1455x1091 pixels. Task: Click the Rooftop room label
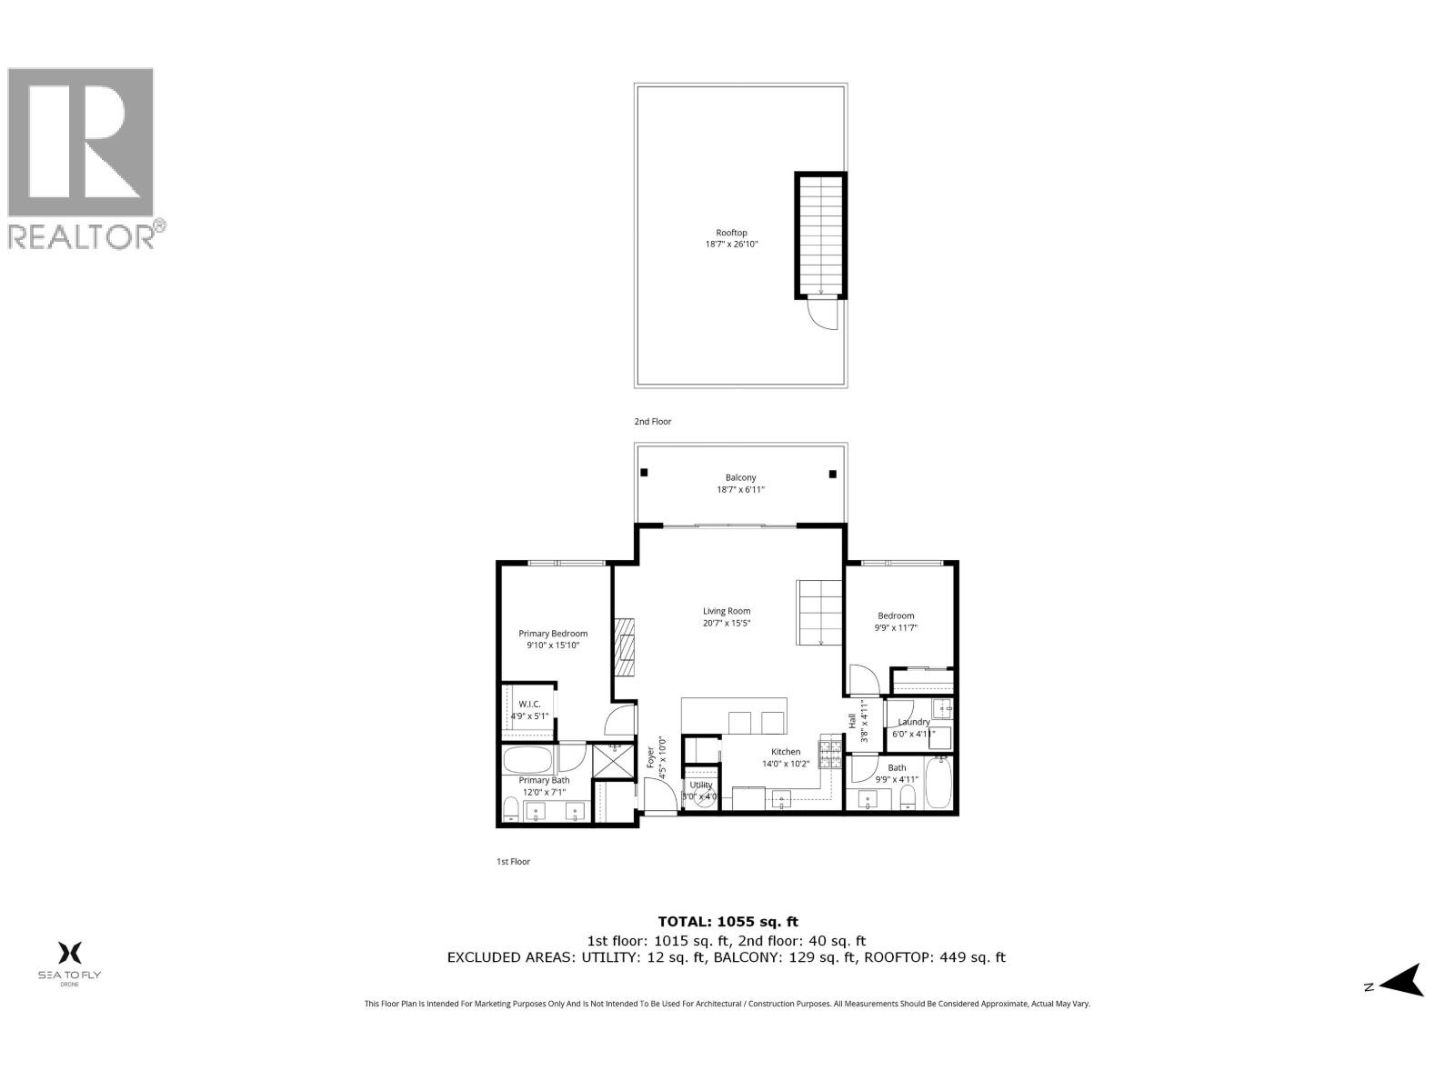point(731,238)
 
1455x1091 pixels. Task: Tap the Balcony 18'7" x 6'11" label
point(740,484)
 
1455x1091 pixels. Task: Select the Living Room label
point(727,616)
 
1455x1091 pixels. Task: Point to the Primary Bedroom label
point(553,639)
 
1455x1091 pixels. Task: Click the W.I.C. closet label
point(529,709)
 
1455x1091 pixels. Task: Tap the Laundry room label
point(913,727)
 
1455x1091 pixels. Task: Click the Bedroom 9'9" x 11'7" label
point(896,621)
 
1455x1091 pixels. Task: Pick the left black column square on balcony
point(644,473)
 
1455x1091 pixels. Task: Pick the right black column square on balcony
point(832,473)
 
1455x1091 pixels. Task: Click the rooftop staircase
point(821,235)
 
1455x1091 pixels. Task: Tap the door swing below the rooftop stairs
point(822,316)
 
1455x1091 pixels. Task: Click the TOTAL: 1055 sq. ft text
point(727,921)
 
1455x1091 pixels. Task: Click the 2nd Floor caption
point(653,422)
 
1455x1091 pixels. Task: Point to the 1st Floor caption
point(513,861)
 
